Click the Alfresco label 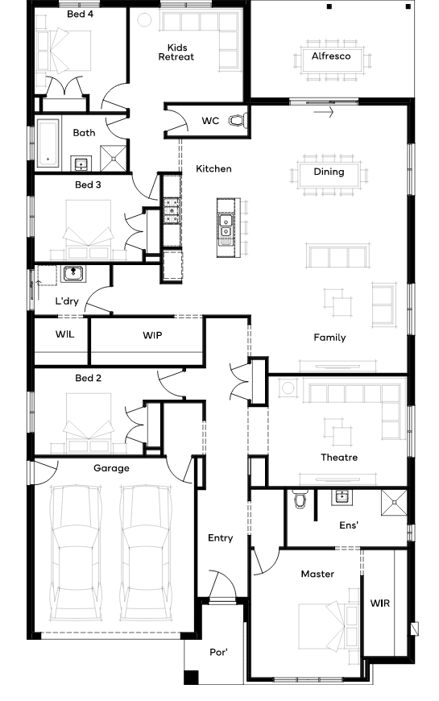[x=331, y=56]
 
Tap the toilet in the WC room [x=238, y=120]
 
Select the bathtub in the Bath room [x=48, y=143]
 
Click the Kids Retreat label [x=176, y=52]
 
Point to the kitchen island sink [x=226, y=226]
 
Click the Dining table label [x=329, y=172]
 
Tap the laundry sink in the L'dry [x=72, y=273]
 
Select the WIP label [x=152, y=335]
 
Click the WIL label [x=64, y=334]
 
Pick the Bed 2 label [x=88, y=378]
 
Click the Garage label [x=111, y=468]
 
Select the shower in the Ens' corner [x=395, y=503]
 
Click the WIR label [x=380, y=604]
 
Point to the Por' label [x=218, y=653]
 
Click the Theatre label [x=339, y=458]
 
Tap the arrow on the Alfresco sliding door [x=324, y=112]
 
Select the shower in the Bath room [x=114, y=158]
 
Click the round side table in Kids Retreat [x=144, y=20]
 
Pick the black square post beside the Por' [x=192, y=678]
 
